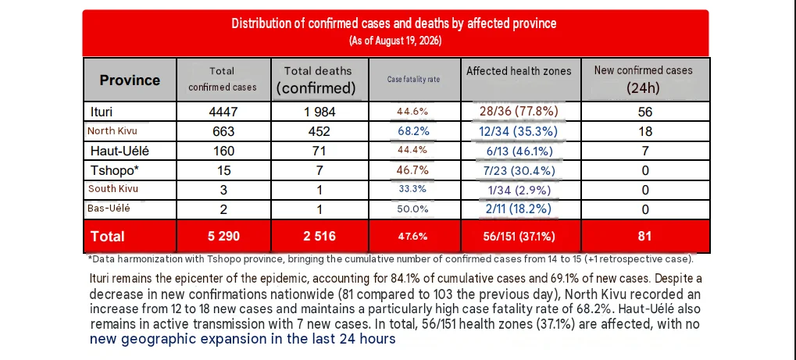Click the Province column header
point(130,80)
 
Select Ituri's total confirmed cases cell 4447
point(223,112)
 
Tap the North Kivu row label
point(112,131)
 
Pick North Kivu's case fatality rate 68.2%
point(414,131)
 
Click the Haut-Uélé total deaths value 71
point(319,151)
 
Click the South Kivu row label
point(113,189)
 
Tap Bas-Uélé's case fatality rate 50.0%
point(413,209)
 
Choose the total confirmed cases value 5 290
point(223,236)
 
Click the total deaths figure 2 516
point(319,236)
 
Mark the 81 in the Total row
point(644,236)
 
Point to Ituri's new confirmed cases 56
point(645,112)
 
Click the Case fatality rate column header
point(414,80)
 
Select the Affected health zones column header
point(519,71)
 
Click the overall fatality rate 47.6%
point(414,237)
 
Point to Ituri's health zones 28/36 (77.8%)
point(516,112)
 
